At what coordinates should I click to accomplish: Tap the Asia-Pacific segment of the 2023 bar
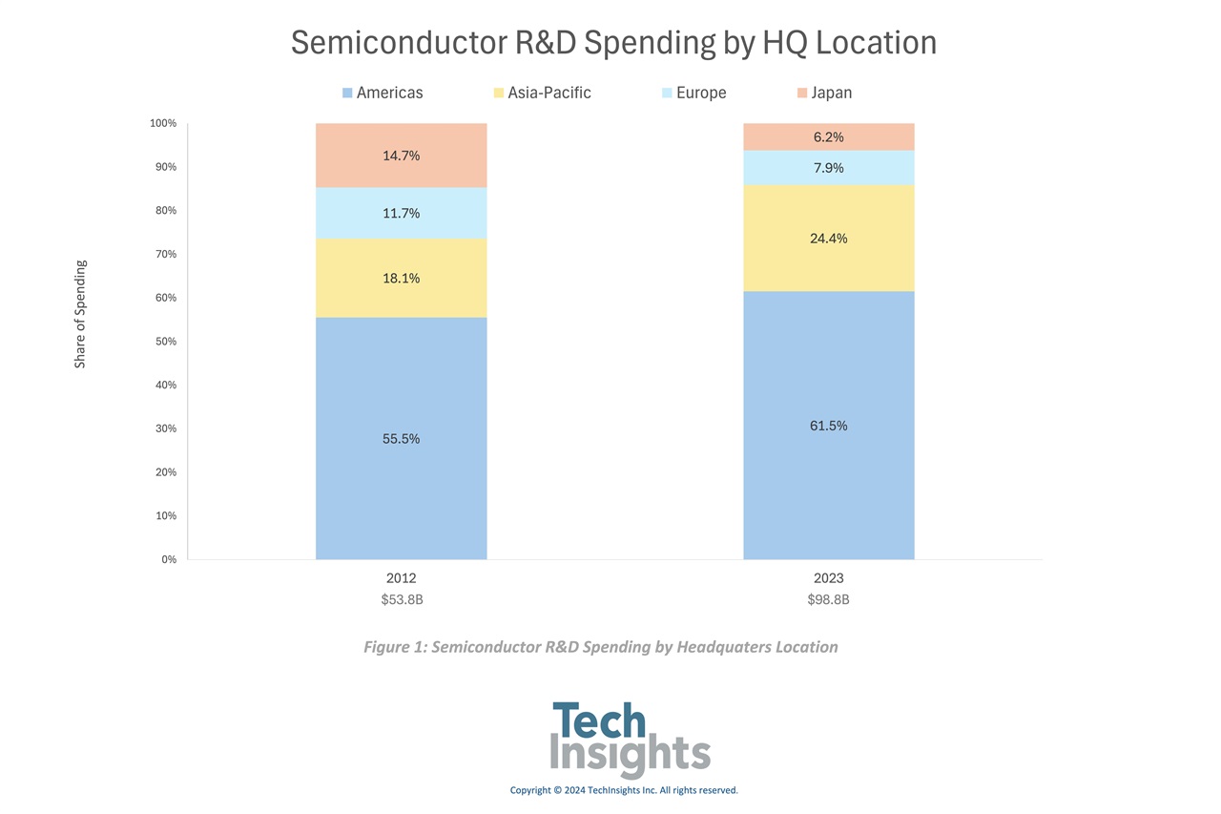pos(828,258)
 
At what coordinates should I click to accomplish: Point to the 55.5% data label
pos(401,439)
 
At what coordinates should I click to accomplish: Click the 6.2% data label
pos(828,137)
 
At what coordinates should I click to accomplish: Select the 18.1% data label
pos(401,279)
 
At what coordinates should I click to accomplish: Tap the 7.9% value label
pos(828,168)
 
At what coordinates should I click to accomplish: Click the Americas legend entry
pos(382,93)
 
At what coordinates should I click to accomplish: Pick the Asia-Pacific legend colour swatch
pos(499,93)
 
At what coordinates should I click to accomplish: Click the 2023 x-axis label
pos(828,578)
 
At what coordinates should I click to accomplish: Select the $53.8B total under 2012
pos(401,600)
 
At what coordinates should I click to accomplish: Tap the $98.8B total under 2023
pos(828,600)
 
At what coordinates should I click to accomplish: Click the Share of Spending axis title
pos(80,314)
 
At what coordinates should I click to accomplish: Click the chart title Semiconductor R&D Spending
pos(613,43)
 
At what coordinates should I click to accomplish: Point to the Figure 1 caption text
pos(601,647)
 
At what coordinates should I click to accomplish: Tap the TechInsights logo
pos(630,741)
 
